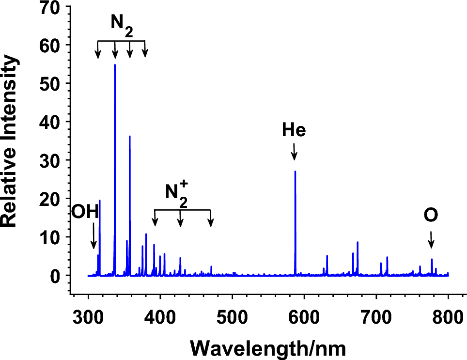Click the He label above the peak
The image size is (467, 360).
[294, 130]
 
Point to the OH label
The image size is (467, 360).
[85, 212]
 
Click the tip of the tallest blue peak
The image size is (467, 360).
[115, 65]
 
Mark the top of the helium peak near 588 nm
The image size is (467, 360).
[295, 172]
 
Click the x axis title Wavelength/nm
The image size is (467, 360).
[267, 347]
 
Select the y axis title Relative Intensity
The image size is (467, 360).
[11, 141]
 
